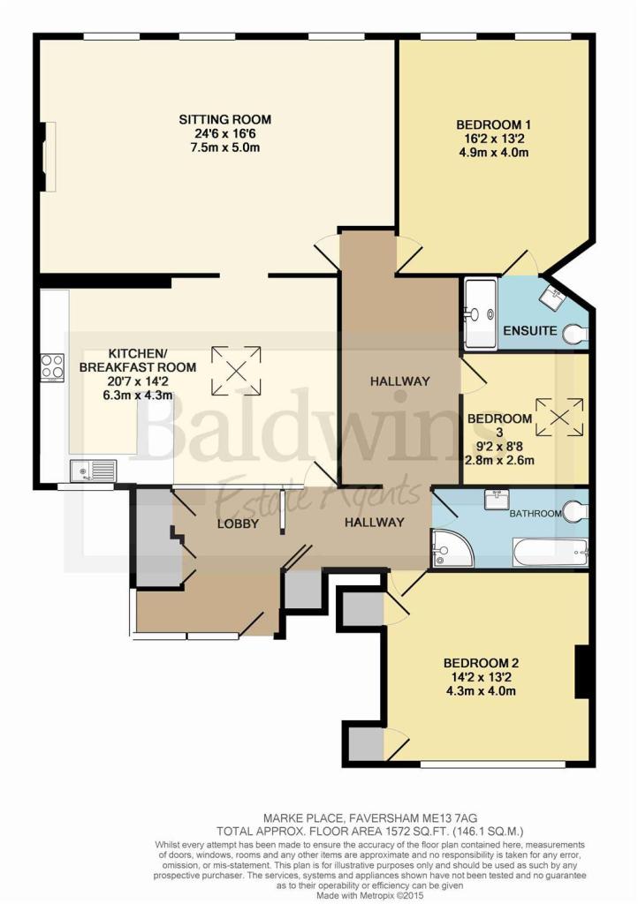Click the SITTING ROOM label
[225, 120]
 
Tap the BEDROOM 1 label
[493, 124]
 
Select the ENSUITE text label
[529, 331]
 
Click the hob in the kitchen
[52, 366]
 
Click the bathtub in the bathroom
[550, 553]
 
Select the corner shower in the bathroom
[452, 548]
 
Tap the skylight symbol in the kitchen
[236, 372]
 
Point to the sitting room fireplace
[49, 156]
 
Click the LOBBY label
[238, 524]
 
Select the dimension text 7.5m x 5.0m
[225, 147]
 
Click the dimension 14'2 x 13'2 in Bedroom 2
[477, 677]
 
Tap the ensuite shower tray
[481, 314]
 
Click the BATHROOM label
[535, 513]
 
